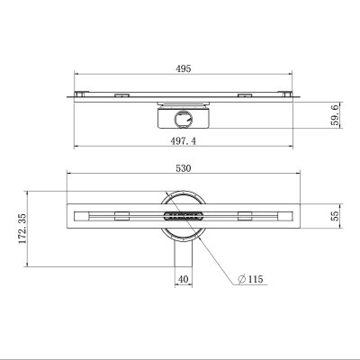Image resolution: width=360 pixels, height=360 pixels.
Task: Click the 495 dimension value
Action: coord(184,68)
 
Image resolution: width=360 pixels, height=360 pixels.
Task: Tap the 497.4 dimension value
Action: coord(184,141)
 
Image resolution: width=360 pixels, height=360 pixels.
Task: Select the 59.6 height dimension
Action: coord(336,114)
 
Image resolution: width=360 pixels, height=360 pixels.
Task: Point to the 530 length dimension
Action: coord(184,168)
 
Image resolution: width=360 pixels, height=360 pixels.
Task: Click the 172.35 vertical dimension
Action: coord(22,229)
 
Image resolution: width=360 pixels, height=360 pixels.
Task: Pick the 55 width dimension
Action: coord(336,216)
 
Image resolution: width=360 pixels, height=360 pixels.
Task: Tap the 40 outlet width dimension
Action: coord(184,279)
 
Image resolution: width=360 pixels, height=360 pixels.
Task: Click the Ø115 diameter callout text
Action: coord(251,279)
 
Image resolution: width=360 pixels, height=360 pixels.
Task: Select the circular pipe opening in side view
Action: coord(184,119)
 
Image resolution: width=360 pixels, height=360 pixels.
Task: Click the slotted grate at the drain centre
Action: coord(184,216)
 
